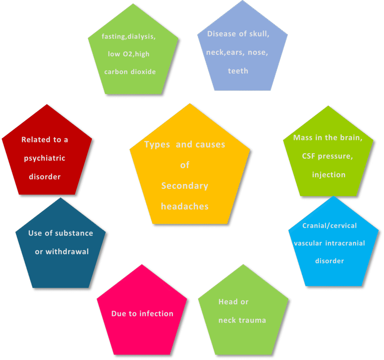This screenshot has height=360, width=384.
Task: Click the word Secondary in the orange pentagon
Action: point(184,186)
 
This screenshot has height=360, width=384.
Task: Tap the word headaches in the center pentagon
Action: point(184,206)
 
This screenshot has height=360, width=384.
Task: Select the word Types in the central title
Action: point(157,145)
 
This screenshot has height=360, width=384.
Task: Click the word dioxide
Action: point(143,72)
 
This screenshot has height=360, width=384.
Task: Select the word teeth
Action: point(238,71)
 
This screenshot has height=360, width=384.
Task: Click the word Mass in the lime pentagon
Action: point(302,138)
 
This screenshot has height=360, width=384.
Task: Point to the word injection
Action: point(329,175)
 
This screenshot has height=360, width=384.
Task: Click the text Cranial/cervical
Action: point(330,226)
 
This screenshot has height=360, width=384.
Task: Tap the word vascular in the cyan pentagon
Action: point(308,243)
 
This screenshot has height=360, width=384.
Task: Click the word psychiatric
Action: point(45,158)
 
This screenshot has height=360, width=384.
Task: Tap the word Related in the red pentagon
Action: point(36,140)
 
